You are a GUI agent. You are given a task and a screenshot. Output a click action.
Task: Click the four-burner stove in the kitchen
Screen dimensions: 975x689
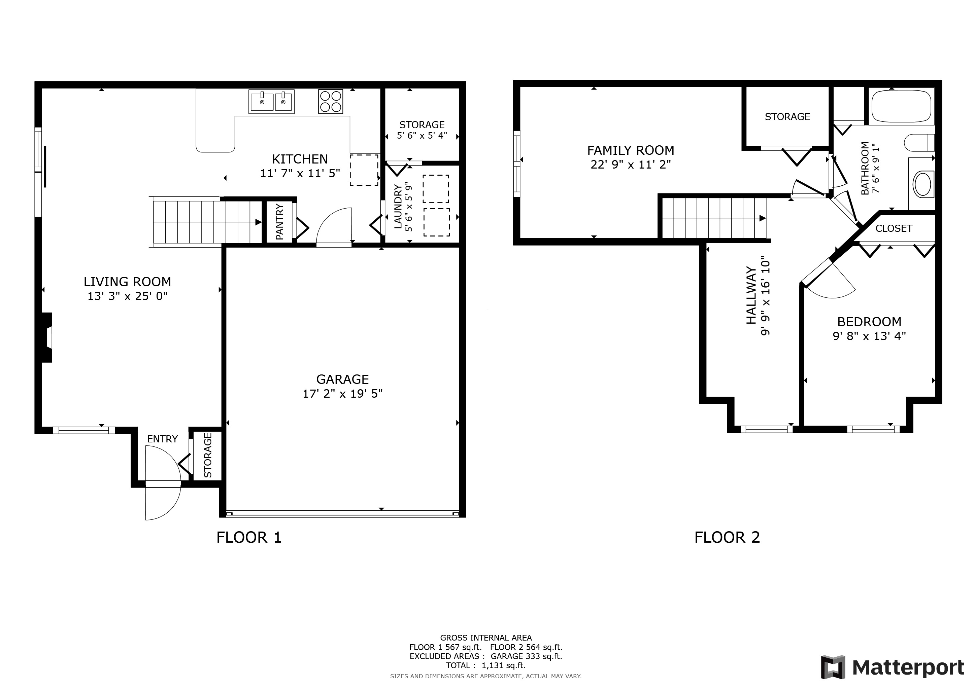click(330, 101)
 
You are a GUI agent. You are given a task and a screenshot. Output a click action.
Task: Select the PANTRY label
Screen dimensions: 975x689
click(279, 222)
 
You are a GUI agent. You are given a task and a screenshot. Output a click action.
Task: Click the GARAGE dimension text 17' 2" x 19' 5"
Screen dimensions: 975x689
click(342, 394)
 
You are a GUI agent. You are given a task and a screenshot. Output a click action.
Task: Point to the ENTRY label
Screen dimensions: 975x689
click(162, 439)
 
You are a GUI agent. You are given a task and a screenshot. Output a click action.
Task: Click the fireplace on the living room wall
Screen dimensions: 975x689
click(46, 338)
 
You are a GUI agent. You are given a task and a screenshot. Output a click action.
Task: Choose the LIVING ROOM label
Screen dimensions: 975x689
click(127, 282)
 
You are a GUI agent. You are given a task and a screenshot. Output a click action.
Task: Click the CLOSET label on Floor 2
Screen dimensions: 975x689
click(894, 228)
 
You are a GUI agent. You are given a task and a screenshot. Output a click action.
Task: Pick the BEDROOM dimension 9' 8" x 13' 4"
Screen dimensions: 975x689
click(869, 336)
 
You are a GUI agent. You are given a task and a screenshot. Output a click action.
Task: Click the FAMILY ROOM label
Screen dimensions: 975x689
click(631, 150)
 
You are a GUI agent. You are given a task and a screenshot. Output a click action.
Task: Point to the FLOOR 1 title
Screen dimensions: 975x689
click(249, 538)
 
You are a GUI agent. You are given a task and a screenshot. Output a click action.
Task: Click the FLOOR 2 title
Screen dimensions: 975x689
click(727, 538)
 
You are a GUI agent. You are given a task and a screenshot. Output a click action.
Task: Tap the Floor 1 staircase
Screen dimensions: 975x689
click(206, 222)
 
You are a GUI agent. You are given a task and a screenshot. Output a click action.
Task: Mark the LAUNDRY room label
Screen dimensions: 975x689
click(398, 207)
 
